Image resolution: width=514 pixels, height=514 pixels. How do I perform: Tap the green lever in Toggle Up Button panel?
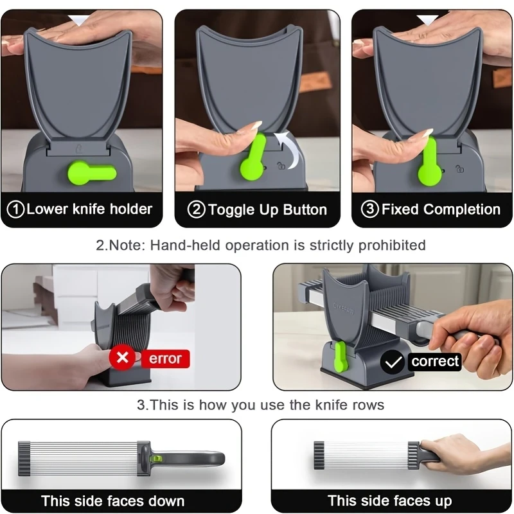(x=253, y=157)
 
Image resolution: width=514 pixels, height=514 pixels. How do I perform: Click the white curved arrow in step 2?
(x=289, y=148)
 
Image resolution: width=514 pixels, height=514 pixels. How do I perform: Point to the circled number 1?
(x=15, y=209)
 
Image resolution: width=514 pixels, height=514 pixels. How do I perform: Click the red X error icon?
(x=122, y=358)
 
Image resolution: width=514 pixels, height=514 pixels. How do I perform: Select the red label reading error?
(x=166, y=359)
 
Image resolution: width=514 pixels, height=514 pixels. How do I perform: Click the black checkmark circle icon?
(x=391, y=362)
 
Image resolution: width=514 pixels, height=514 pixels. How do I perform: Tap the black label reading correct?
(x=435, y=362)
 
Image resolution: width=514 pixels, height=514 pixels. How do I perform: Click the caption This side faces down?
(x=112, y=501)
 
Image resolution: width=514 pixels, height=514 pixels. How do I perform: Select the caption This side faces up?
(x=389, y=501)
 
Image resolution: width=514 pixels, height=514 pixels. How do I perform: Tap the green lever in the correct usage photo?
(x=339, y=357)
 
